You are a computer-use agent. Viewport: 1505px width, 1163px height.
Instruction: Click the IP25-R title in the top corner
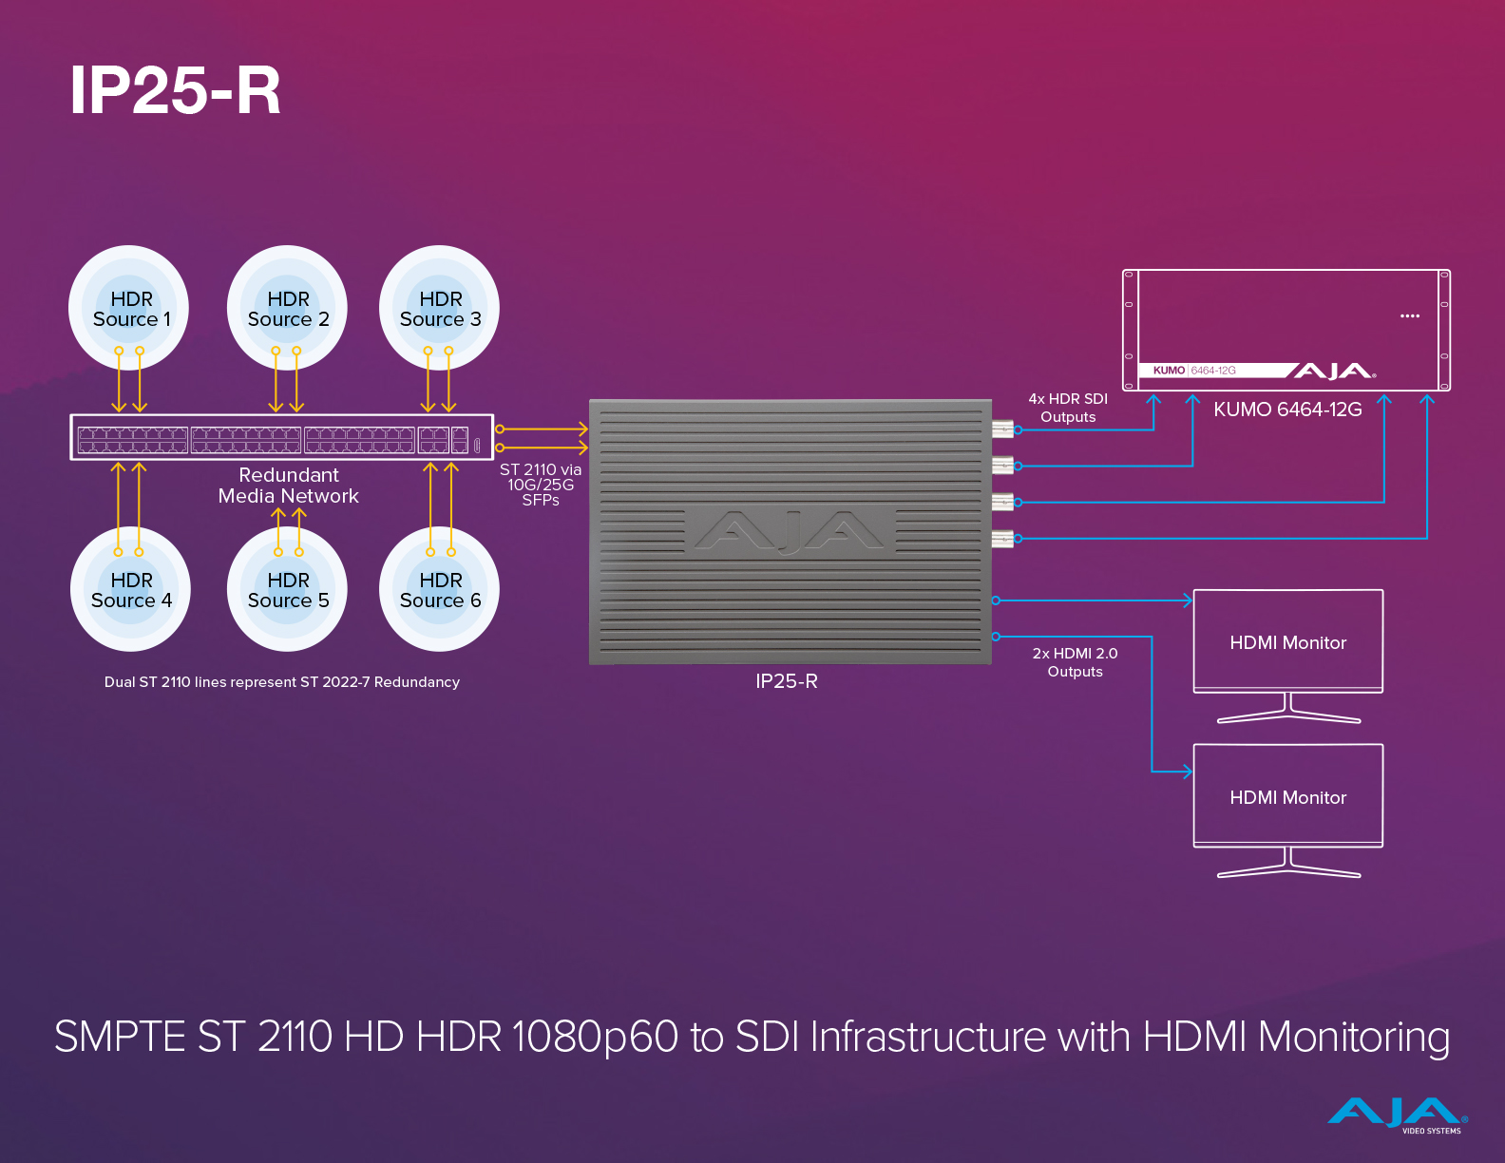tap(176, 91)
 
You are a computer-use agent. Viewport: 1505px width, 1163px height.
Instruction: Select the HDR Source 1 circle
tap(130, 308)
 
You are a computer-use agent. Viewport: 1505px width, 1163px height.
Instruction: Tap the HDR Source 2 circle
tap(287, 308)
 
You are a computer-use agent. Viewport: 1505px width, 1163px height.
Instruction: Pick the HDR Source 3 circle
tap(439, 308)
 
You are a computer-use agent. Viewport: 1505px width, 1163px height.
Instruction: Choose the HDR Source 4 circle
tap(130, 589)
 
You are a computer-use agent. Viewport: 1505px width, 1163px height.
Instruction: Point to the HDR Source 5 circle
tap(287, 589)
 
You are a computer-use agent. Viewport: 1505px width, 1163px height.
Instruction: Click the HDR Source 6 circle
tap(439, 589)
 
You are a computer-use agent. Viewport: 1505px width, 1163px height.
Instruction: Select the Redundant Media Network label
tap(288, 486)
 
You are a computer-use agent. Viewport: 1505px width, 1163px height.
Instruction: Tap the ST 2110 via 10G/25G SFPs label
tap(541, 485)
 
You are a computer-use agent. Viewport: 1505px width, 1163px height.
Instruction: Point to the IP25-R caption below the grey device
tap(787, 681)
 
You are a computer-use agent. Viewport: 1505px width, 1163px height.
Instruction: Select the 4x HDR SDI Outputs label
tap(1068, 408)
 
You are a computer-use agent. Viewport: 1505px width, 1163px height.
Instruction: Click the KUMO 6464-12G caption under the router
tap(1287, 410)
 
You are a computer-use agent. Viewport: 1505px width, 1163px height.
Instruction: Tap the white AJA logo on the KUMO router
tap(1332, 371)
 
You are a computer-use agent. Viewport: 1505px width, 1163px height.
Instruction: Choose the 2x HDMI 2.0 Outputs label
tap(1075, 662)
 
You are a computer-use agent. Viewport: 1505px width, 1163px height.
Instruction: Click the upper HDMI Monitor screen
tap(1288, 641)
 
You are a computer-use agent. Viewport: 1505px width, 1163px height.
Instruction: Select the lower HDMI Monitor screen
tap(1288, 796)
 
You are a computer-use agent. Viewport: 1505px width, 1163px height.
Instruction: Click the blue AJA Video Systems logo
tap(1398, 1115)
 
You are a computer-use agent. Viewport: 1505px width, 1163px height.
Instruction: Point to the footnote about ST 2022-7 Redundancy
tap(282, 682)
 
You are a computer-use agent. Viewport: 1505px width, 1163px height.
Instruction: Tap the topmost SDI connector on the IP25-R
tap(1002, 429)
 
